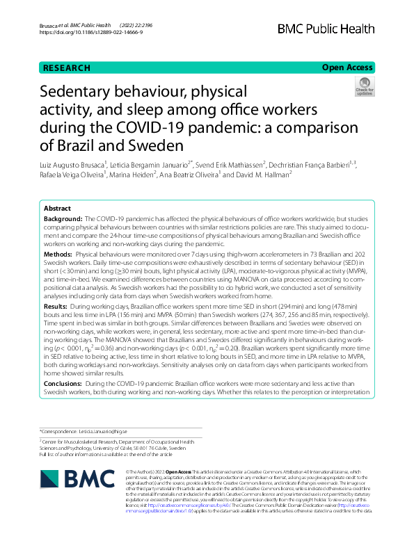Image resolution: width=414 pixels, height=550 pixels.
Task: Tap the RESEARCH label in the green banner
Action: pos(67,67)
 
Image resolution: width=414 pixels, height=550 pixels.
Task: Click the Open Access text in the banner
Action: pos(348,67)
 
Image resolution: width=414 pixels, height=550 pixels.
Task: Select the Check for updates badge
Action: pos(363,88)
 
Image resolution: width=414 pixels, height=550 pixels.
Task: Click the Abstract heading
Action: pos(57,208)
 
